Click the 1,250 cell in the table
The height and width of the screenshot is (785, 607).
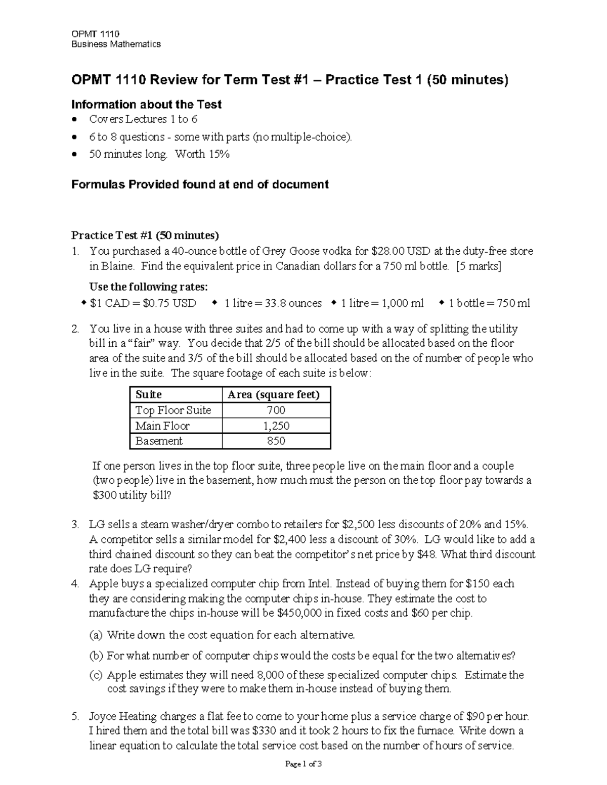(276, 426)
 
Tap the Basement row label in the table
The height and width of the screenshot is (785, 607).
(159, 441)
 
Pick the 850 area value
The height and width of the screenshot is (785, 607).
(276, 441)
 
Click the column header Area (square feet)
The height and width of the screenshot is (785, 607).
(274, 395)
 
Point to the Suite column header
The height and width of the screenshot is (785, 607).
(149, 395)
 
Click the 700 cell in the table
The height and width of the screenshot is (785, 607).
(276, 410)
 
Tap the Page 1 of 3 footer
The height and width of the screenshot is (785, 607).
(303, 764)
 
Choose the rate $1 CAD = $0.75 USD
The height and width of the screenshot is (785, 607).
(143, 303)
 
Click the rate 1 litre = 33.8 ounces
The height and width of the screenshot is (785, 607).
(273, 303)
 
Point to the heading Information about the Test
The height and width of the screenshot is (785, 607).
(146, 105)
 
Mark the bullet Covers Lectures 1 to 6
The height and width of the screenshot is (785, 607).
(143, 119)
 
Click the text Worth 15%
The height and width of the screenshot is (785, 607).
(202, 154)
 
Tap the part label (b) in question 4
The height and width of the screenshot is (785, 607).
(96, 656)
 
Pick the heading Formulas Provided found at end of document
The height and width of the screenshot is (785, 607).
(200, 184)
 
